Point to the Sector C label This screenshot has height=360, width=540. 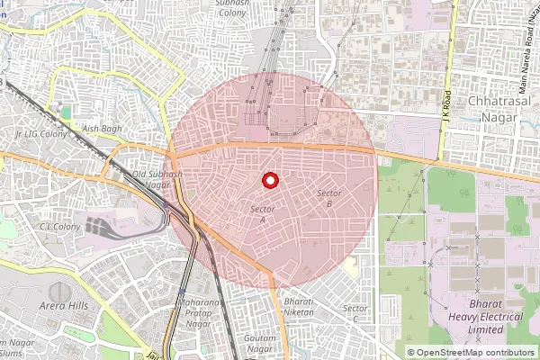[x=355, y=313]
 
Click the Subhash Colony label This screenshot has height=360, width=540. [x=238, y=8]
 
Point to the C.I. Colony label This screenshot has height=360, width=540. [x=56, y=227]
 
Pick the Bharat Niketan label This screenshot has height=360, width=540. [x=298, y=307]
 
